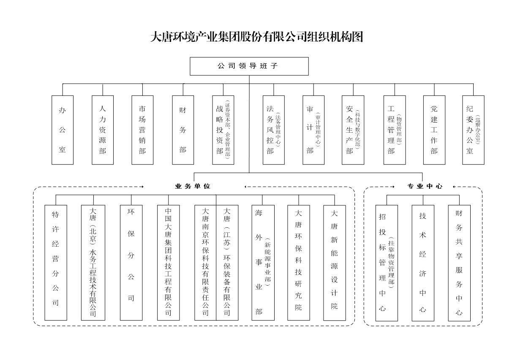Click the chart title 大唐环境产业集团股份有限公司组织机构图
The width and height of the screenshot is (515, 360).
point(257,37)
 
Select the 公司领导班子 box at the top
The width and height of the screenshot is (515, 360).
point(249,66)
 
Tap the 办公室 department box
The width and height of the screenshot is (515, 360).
point(63,130)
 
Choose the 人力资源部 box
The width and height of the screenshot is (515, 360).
point(103,130)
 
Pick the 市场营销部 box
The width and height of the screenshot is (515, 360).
point(142,130)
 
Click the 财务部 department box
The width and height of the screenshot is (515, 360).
point(183,130)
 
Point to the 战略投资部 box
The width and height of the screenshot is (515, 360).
point(223,130)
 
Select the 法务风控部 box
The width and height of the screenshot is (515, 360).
point(273,130)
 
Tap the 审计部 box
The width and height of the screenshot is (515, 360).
point(313,130)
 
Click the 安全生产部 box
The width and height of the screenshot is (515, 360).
point(353,130)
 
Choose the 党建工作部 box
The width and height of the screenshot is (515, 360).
point(434,130)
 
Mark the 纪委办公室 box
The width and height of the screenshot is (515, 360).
point(473,130)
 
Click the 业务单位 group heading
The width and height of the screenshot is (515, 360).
point(193,186)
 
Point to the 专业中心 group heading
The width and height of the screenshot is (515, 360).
point(425,186)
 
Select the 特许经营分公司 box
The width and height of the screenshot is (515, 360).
point(56,262)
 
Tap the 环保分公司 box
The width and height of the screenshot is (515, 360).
point(131,262)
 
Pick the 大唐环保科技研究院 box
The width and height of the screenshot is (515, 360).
point(299,262)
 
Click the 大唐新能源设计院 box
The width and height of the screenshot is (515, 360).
point(335,262)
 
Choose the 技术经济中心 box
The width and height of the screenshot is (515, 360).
point(423,262)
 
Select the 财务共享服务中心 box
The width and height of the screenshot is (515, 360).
point(459,262)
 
